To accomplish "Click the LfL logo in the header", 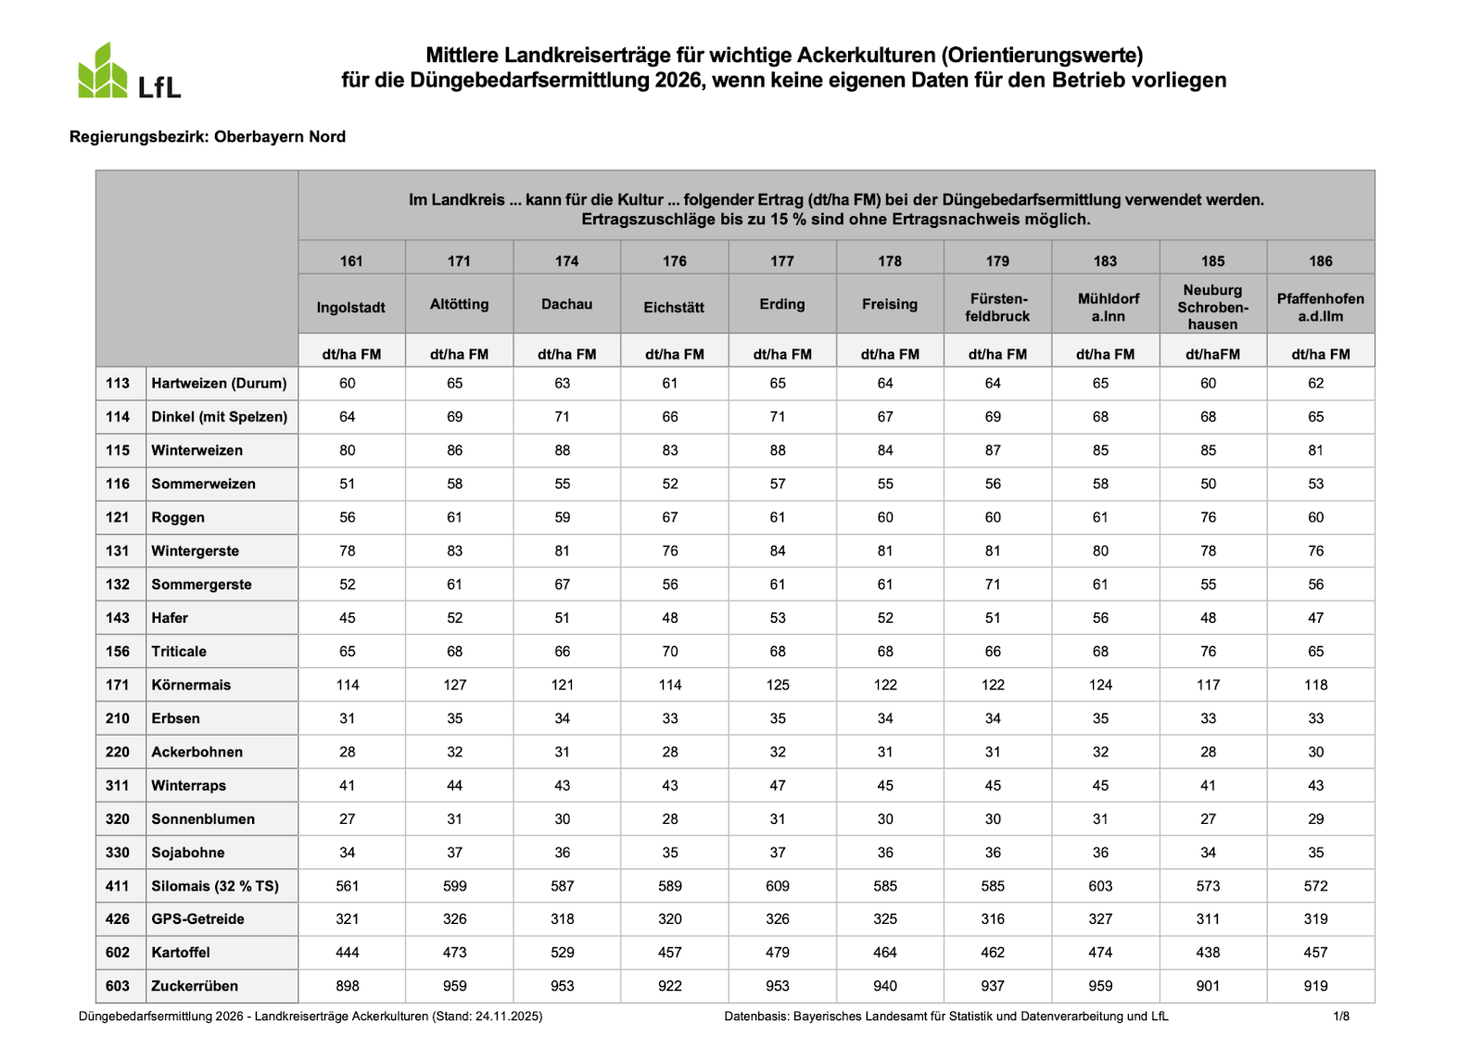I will click(129, 72).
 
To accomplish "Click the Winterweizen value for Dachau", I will click(563, 450).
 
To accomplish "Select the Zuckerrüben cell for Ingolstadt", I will click(348, 986).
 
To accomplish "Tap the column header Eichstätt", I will click(674, 307).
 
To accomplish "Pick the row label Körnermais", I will click(191, 685).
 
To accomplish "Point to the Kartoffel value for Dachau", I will click(563, 953).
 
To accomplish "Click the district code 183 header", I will click(1105, 261).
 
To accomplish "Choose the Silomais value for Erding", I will click(778, 886).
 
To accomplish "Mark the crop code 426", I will click(118, 919).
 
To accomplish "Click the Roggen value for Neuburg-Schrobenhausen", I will click(1208, 517).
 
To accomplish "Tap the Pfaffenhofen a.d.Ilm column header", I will click(1320, 307).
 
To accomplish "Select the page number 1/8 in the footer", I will click(1341, 1017).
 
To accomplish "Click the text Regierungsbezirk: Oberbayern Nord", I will click(208, 137).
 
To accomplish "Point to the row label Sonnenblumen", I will click(203, 819).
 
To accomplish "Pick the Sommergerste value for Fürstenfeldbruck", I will click(993, 585).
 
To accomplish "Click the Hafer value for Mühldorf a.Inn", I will click(1100, 618).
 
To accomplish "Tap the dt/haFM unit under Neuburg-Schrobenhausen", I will click(1212, 354).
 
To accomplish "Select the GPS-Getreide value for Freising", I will click(885, 919).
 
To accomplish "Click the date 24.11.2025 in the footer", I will click(507, 1017).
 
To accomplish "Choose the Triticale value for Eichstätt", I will click(670, 652).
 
